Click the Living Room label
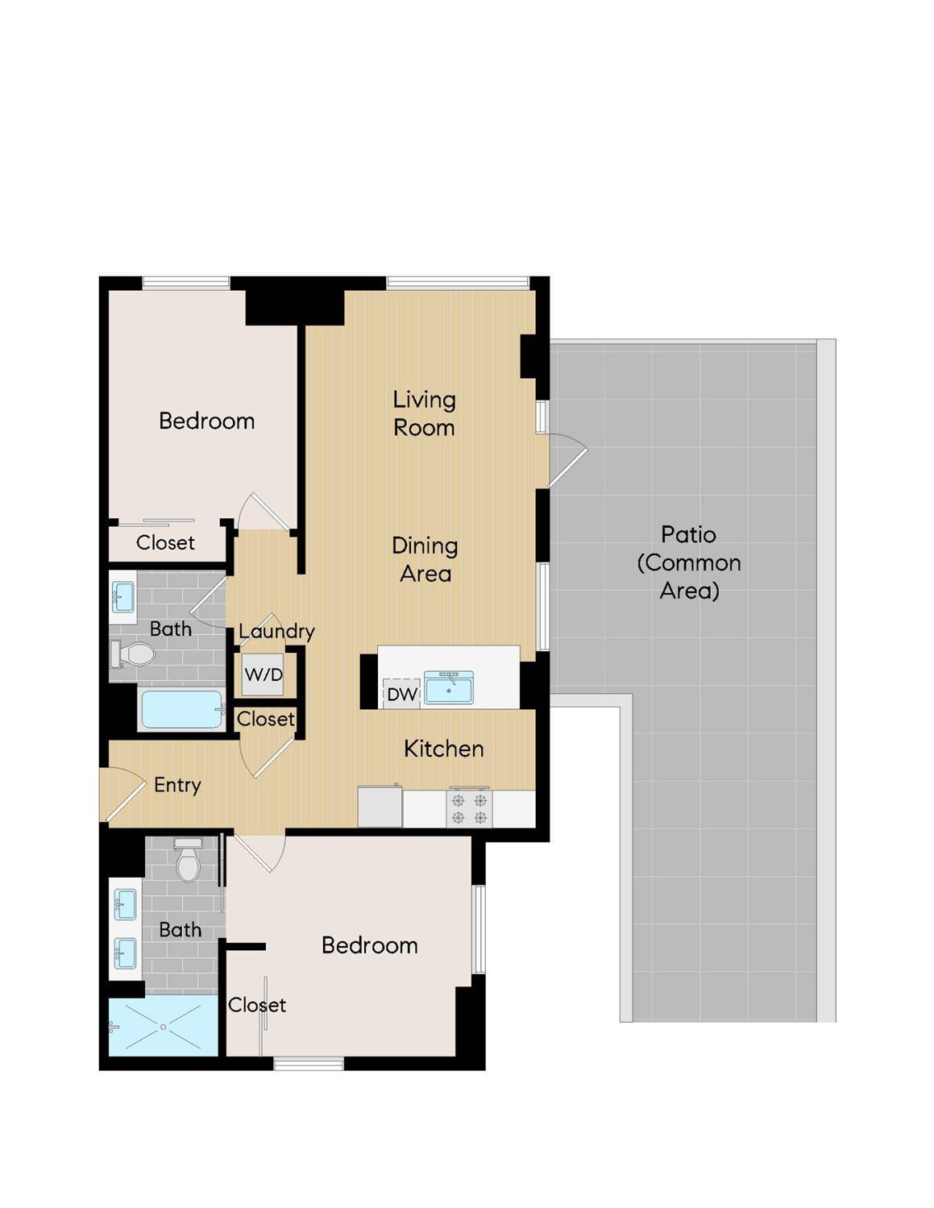(424, 413)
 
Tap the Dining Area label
(425, 559)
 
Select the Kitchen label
(443, 749)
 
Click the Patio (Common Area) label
(688, 562)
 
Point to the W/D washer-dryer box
(264, 675)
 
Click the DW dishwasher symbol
(401, 694)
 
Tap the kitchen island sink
(449, 687)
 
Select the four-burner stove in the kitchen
(469, 809)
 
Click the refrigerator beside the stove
(380, 807)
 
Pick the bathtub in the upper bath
(181, 710)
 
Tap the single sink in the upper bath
(122, 597)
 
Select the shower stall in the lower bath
(164, 1026)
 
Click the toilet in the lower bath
(188, 861)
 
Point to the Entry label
(177, 785)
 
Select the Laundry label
(276, 631)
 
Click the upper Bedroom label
(206, 421)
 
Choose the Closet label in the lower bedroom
(256, 1005)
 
